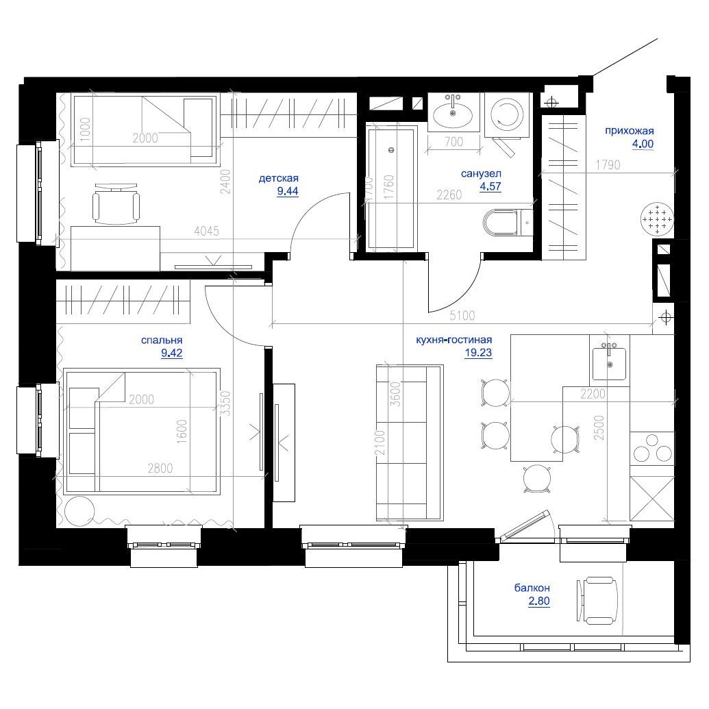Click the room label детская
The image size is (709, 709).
(278, 179)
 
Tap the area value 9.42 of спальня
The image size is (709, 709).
(172, 353)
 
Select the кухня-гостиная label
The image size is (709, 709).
(454, 340)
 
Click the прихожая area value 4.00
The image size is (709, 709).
(643, 144)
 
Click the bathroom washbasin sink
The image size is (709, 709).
(454, 112)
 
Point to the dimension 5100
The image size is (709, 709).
(463, 316)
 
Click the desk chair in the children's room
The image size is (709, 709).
(116, 203)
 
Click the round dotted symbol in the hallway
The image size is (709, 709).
(656, 220)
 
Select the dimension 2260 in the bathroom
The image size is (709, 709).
(449, 195)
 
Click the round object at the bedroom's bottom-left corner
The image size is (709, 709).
(81, 510)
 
